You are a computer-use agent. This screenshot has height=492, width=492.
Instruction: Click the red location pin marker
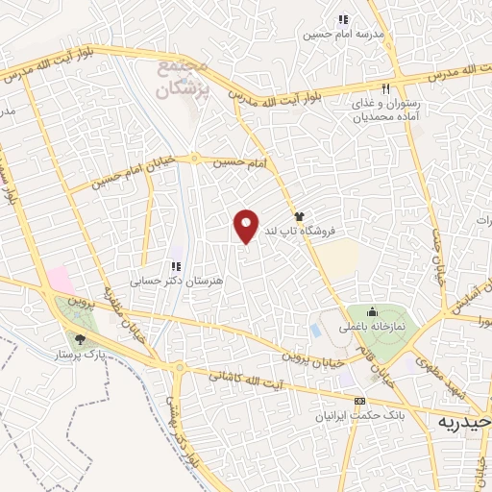pyautogui.click(x=247, y=226)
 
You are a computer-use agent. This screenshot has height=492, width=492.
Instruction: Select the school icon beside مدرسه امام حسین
pyautogui.click(x=342, y=19)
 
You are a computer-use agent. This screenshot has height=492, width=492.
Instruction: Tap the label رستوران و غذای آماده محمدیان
pyautogui.click(x=382, y=111)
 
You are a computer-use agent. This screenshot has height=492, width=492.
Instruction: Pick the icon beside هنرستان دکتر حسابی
pyautogui.click(x=175, y=266)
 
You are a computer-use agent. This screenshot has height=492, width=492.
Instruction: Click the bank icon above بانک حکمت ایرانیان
pyautogui.click(x=360, y=401)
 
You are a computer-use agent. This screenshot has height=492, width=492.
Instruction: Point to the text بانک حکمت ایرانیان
pyautogui.click(x=360, y=417)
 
